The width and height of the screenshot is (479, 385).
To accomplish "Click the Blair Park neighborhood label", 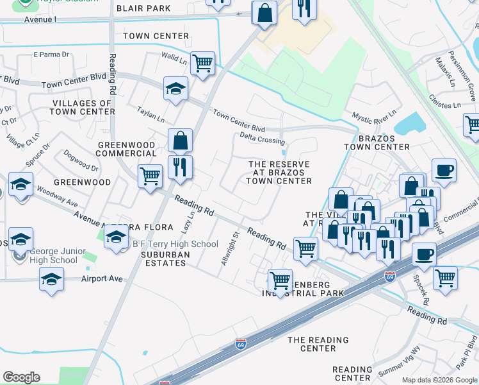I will [144, 8].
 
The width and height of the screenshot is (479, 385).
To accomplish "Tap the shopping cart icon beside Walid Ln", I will [202, 64].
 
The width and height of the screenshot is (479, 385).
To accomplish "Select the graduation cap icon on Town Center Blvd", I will [175, 89].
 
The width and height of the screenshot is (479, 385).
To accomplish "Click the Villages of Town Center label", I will [83, 107].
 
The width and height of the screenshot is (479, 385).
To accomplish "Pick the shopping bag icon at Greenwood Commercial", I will [181, 140].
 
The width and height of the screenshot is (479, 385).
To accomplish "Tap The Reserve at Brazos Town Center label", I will [279, 173].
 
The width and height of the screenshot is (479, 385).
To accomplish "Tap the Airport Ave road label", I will [102, 279].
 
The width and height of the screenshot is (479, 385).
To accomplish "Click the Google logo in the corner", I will [21, 377].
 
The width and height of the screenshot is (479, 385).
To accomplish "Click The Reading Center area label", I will [318, 344].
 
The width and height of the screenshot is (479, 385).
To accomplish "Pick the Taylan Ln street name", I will [151, 116].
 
